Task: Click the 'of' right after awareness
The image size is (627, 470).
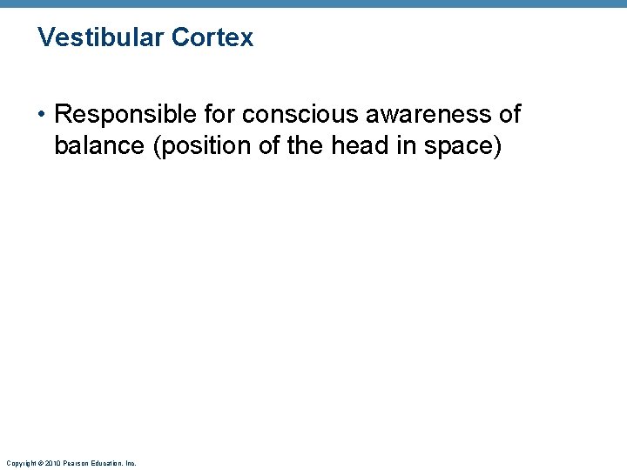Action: tap(509, 114)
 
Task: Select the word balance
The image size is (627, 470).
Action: tap(99, 146)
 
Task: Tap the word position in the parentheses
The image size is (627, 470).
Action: tap(200, 146)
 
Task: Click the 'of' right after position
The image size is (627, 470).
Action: tap(267, 146)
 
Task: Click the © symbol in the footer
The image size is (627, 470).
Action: tap(39, 463)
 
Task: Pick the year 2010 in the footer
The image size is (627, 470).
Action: tap(53, 463)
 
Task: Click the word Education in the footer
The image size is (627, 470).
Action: tap(108, 463)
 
